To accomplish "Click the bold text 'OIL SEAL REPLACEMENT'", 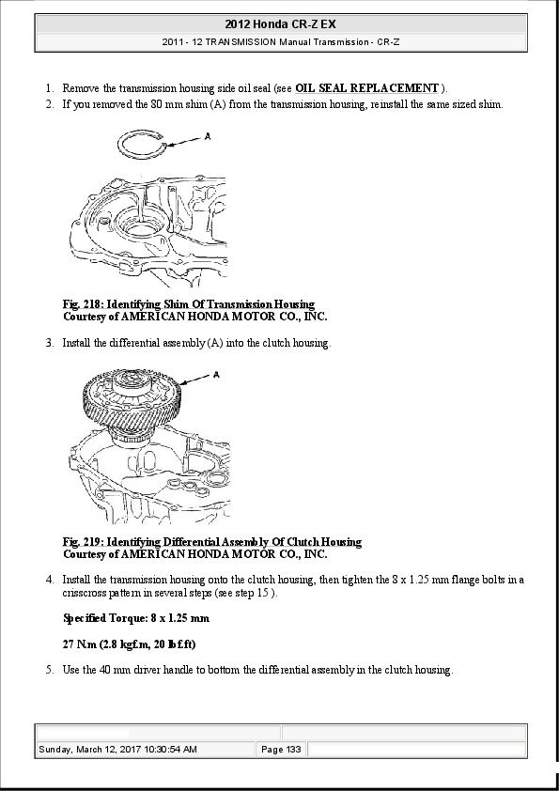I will (367, 88).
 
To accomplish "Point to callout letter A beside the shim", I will (207, 136).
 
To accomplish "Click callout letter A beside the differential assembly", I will (217, 375).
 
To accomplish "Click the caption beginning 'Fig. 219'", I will (211, 542).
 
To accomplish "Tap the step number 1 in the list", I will (48, 88).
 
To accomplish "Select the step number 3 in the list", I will (48, 343).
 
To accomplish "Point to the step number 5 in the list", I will (48, 670).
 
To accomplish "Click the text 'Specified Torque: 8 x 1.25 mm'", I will (135, 618).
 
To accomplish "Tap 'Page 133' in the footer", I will (280, 749).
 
